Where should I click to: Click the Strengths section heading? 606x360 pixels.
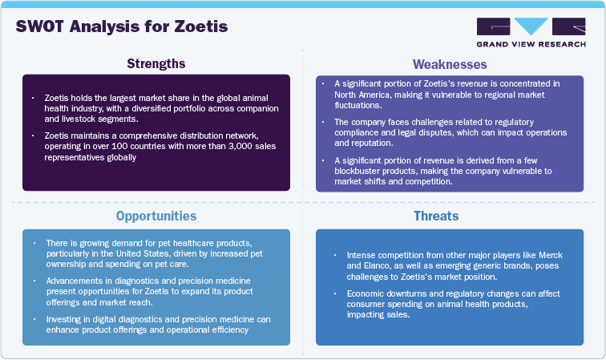pyautogui.click(x=156, y=63)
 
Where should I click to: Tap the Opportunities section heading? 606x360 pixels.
pyautogui.click(x=156, y=216)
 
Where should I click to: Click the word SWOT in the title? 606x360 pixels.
pyautogui.click(x=41, y=27)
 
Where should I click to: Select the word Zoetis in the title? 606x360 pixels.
pyautogui.click(x=201, y=27)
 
